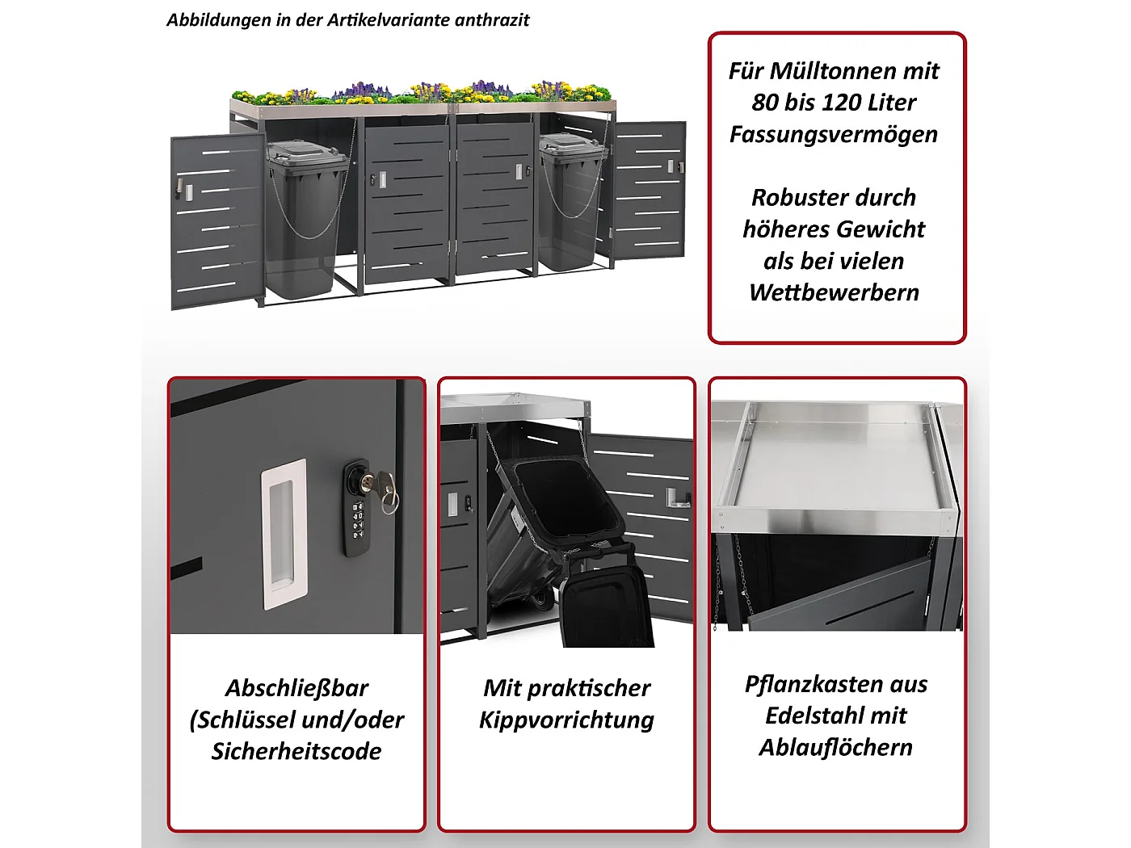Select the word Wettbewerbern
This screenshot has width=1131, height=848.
point(834,292)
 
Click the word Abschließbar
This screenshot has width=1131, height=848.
point(296,688)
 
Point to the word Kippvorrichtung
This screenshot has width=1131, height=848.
point(566,720)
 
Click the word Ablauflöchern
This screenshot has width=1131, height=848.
point(835,747)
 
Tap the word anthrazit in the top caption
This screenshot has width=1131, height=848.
point(492,20)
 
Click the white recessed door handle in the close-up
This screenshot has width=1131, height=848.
point(284,533)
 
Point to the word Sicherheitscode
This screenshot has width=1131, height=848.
point(296,751)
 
